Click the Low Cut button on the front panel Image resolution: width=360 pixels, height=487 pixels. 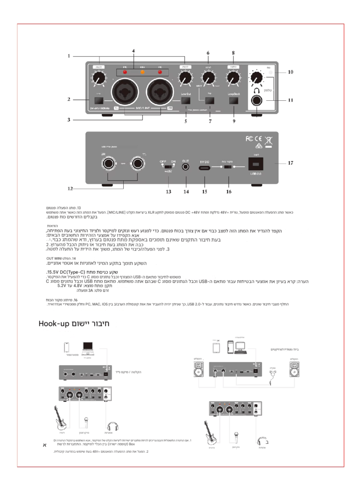point(186,101)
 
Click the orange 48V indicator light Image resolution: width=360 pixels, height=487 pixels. point(142,73)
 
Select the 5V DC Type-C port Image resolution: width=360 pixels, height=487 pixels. point(204,168)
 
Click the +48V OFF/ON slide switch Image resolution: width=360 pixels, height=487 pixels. point(167,167)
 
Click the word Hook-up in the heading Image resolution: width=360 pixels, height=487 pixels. point(55,324)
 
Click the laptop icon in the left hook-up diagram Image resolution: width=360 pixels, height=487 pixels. point(88,349)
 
